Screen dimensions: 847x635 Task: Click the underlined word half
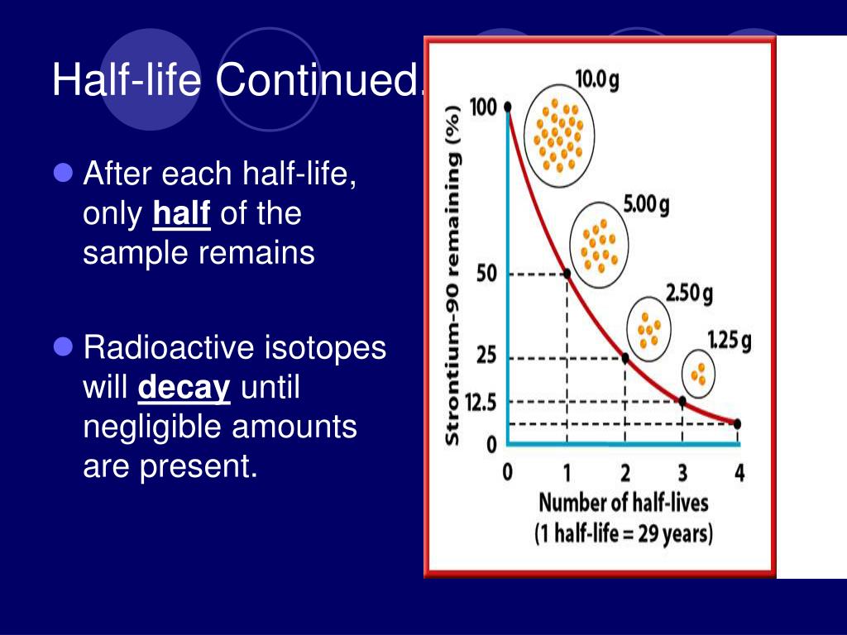coord(181,212)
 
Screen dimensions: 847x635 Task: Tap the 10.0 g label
coord(597,80)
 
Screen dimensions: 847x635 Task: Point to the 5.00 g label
coord(646,205)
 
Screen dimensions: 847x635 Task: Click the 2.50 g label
coord(689,294)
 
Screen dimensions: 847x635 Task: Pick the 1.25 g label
coord(730,341)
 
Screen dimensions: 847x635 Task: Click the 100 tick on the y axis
coord(483,107)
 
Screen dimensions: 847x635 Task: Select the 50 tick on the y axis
coord(486,274)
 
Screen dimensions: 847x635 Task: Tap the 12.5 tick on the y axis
coord(481,402)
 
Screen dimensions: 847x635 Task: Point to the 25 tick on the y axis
coord(486,356)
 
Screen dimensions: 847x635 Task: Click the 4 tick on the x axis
coord(739,473)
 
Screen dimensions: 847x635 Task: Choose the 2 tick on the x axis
coord(625,473)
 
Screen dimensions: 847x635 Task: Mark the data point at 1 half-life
coord(567,274)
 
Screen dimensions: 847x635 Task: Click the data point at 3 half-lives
coord(682,401)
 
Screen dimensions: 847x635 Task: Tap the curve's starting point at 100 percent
coord(508,107)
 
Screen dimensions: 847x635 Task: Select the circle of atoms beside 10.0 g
coord(559,136)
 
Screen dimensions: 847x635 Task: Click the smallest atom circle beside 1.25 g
coord(698,374)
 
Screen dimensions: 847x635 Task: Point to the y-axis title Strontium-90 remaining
coord(452,275)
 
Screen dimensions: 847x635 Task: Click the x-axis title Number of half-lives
coord(624,503)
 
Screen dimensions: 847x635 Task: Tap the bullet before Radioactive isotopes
coord(64,347)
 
